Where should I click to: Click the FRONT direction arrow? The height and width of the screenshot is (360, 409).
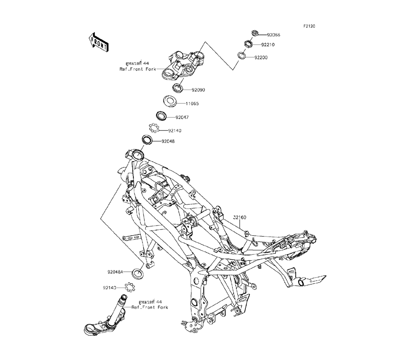tap(98, 42)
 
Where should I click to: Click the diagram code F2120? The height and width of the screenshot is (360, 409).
tap(309, 26)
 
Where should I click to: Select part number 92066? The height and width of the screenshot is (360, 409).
tap(274, 35)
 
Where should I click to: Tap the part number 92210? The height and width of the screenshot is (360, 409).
tap(268, 45)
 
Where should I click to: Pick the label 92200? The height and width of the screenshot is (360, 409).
tap(261, 57)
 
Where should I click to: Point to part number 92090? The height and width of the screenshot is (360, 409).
tap(198, 90)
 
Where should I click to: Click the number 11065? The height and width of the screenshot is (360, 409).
tap(192, 103)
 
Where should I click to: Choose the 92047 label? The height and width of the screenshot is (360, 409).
tap(182, 117)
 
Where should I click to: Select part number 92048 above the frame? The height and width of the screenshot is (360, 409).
tap(168, 142)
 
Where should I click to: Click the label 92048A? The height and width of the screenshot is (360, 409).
tap(115, 272)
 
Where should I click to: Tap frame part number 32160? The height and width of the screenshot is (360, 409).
tap(239, 217)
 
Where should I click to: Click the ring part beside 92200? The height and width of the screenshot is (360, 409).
tap(241, 56)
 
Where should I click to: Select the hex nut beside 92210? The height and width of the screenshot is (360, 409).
tap(248, 43)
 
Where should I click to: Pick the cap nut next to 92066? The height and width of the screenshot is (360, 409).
tap(254, 33)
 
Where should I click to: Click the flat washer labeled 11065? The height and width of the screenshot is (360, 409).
tap(170, 101)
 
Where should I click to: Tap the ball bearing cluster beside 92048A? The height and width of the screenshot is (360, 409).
tap(130, 287)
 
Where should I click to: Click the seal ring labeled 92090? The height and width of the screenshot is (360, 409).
tap(178, 88)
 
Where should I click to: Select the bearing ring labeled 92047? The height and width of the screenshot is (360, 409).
tap(161, 116)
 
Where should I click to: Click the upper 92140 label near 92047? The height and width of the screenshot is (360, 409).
tap(175, 130)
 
